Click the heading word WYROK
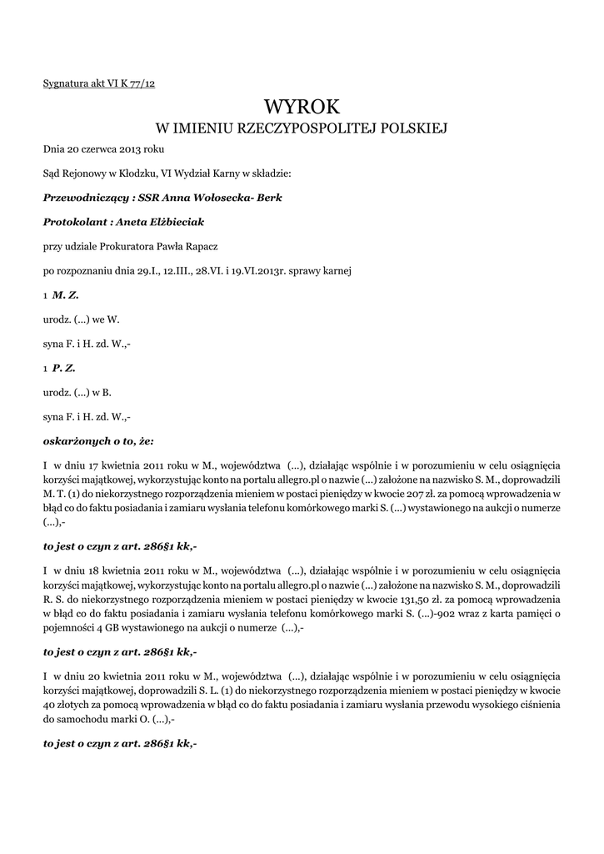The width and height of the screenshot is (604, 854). point(302,106)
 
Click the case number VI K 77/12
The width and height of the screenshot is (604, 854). point(131,84)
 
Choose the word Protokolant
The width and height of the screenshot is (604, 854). point(72,222)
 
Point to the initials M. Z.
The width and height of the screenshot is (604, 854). point(66,294)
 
